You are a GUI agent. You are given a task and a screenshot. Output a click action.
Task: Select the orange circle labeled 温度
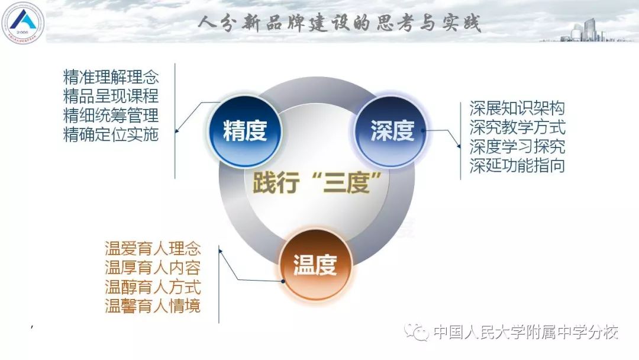tap(315, 265)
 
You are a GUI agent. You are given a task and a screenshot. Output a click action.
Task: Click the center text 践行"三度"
tap(317, 182)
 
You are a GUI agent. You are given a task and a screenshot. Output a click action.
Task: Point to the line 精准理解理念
tap(111, 76)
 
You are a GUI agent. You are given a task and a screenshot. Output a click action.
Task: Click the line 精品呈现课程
tap(111, 96)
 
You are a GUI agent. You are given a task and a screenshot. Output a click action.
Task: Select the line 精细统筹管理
tap(111, 115)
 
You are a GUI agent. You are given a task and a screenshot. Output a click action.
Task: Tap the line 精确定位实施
tap(111, 134)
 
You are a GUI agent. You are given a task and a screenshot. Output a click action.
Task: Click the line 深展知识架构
tap(517, 108)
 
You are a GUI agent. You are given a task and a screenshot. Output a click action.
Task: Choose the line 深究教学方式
tap(517, 127)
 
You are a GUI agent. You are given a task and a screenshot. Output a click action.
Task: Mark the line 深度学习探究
tap(517, 146)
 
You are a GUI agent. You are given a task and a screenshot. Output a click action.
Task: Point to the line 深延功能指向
tap(517, 166)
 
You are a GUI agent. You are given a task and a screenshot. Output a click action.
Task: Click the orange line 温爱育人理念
tap(153, 248)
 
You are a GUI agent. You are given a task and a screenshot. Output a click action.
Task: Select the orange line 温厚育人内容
tap(153, 268)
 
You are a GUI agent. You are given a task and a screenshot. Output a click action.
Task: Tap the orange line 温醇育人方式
tap(153, 287)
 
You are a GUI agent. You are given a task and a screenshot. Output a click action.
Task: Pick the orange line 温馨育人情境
tap(153, 306)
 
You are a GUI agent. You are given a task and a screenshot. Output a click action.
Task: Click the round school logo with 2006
tap(23, 22)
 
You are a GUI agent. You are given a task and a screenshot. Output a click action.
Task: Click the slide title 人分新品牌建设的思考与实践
tap(340, 23)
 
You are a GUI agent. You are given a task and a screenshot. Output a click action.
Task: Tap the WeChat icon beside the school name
tap(416, 332)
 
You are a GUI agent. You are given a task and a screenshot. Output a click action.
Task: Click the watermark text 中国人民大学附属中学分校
tap(526, 332)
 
